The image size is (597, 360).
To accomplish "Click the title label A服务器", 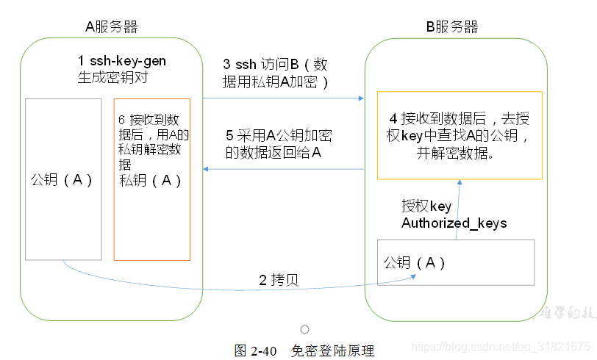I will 111,27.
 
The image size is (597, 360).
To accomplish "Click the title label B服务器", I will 452,27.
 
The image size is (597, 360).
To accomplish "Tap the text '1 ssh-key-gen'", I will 122,61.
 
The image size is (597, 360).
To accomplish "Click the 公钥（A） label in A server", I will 62,180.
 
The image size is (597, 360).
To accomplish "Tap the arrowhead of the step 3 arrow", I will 362,97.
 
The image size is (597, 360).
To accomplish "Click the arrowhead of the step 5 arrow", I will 206,169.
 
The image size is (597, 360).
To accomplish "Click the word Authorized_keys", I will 454,223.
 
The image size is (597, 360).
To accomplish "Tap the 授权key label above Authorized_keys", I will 426,206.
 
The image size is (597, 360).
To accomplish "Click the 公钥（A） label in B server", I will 415,262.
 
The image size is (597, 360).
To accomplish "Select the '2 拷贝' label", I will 278,280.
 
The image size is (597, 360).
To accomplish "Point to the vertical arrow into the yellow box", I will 459,209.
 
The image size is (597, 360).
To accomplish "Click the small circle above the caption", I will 304,330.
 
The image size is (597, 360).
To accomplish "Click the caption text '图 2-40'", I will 255,350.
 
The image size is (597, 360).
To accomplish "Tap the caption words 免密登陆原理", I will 332,350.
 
